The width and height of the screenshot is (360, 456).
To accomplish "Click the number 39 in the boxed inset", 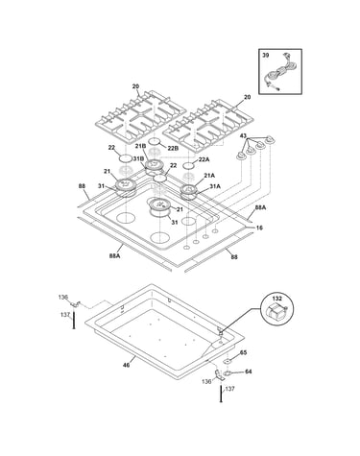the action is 266,56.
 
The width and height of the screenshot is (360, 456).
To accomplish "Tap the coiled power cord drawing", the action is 277,74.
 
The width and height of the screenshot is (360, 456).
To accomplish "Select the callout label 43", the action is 243,136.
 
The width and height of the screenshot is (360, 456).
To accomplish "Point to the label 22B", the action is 174,148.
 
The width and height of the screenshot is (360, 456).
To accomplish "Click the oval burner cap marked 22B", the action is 156,141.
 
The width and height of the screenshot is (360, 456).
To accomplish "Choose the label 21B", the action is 140,146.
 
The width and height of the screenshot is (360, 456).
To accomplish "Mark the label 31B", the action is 138,159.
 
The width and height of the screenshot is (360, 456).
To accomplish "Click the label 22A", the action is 204,159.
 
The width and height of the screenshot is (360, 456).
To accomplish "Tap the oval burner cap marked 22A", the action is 188,165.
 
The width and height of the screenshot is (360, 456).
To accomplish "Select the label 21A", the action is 209,176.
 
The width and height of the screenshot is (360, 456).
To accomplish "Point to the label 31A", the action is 215,186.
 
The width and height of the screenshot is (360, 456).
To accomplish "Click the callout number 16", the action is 259,228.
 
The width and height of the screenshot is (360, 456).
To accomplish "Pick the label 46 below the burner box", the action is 127,365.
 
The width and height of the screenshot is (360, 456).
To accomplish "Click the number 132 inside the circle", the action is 277,299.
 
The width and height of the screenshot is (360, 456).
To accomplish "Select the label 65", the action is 243,352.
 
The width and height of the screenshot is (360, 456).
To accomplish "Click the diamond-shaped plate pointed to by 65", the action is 228,362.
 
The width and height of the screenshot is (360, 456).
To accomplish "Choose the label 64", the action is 248,372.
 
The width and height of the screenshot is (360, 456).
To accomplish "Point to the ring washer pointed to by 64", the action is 228,373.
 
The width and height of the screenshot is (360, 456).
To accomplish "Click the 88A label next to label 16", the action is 260,207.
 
